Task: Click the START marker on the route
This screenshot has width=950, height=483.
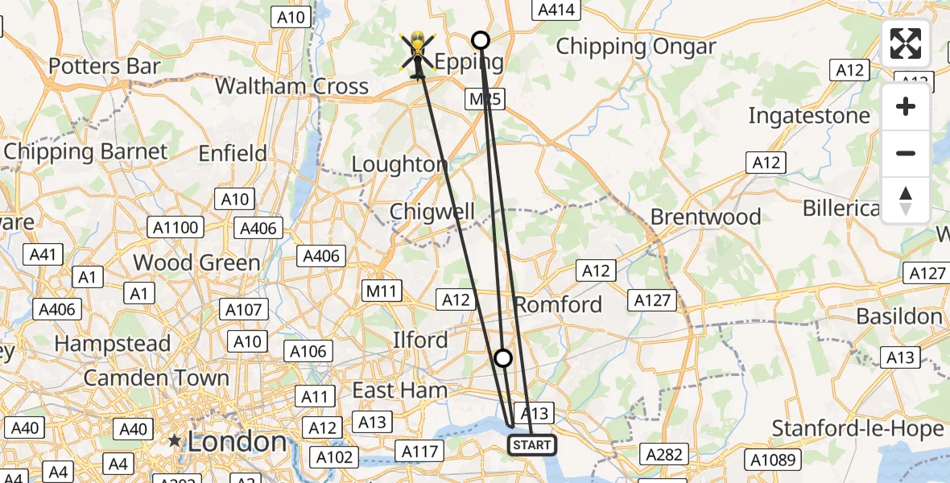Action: point(531,444)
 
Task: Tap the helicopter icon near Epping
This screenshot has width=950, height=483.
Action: point(418,54)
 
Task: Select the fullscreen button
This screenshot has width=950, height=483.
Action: point(906,43)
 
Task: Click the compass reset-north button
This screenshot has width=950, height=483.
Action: point(906,200)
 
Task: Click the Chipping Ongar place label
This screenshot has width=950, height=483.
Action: point(636,47)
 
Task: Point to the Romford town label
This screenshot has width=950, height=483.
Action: point(558,304)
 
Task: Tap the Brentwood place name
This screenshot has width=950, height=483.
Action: point(705,217)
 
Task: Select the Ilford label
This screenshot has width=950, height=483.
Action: point(419,340)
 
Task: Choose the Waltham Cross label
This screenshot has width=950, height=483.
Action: point(291,86)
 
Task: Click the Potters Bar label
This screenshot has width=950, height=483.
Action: point(105,66)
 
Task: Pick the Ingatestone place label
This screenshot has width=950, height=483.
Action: point(809,116)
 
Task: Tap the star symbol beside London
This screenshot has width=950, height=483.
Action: point(174,441)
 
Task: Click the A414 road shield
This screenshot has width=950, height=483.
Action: point(556,10)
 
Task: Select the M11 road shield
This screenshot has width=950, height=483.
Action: point(382,291)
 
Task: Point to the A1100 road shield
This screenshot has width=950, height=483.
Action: point(176,228)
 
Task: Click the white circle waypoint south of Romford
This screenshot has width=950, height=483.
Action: point(502,358)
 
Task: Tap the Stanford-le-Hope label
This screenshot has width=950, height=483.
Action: point(857,429)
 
